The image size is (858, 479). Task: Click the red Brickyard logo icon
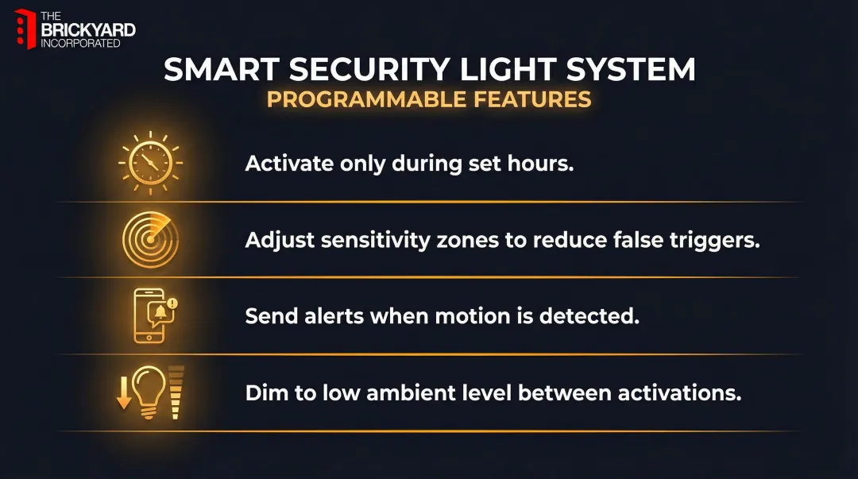pos(25,29)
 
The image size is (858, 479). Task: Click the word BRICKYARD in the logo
pos(87,30)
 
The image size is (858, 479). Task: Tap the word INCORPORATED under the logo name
pos(80,43)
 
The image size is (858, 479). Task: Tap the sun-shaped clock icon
pos(150,163)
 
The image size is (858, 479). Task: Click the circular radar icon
pos(150,240)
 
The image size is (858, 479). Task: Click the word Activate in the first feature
pos(289,164)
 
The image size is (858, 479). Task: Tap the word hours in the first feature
pos(543,164)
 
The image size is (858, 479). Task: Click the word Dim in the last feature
pos(263,392)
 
